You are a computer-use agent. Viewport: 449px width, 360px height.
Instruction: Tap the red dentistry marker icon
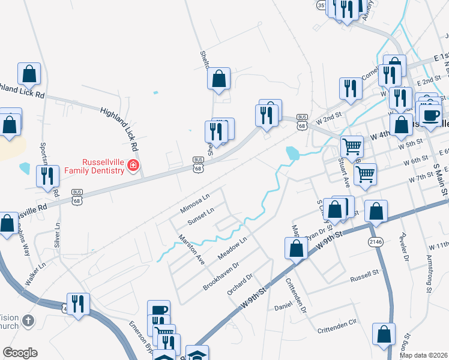tap(134, 166)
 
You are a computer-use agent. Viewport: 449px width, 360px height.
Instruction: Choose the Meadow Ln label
tap(232, 248)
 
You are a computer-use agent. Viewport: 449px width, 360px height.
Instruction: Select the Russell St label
tap(364, 279)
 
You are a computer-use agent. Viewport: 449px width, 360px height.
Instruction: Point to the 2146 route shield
tap(375, 242)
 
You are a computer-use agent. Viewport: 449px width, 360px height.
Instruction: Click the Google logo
tap(20, 353)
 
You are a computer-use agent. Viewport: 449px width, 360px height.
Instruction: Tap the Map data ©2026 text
tap(424, 355)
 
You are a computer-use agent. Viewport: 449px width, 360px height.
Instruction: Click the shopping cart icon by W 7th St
tap(365, 175)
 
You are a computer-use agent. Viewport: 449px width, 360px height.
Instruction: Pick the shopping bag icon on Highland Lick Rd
tap(29, 74)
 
